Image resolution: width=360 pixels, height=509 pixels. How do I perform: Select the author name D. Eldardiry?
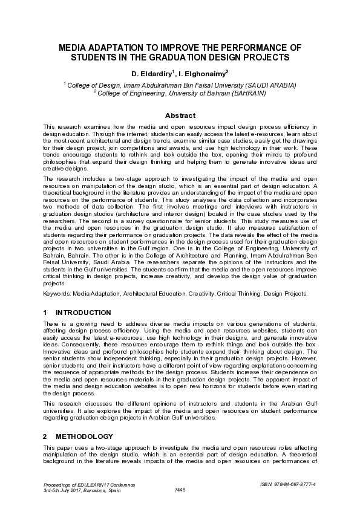[152, 74]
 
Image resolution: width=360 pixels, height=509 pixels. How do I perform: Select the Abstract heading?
[180, 115]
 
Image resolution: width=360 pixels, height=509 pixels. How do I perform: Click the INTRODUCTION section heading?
[83, 313]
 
